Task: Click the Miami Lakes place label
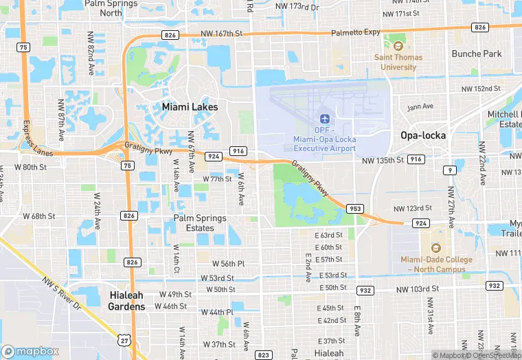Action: coord(190,107)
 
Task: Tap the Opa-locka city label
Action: coord(423,135)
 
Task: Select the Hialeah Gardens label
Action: coord(127,300)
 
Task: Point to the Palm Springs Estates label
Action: coord(200,223)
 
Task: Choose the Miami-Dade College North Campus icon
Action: coord(436,248)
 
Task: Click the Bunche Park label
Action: coord(477,54)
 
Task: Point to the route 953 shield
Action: coord(355,208)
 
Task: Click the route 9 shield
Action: coord(449,170)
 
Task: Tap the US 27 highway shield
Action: coord(124,339)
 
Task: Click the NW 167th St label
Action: coord(222,33)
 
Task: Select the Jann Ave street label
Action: coord(420,106)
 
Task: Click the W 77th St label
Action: coord(217,179)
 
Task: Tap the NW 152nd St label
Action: coord(481,89)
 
